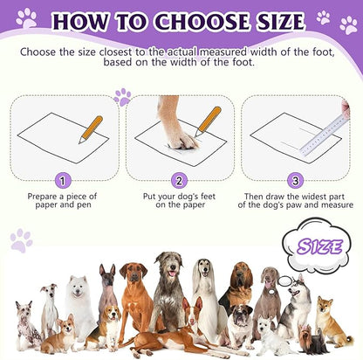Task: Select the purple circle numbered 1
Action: click(62, 182)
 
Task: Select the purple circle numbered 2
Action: click(179, 182)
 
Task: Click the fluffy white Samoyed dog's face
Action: click(79, 287)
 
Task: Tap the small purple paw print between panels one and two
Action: click(121, 96)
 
